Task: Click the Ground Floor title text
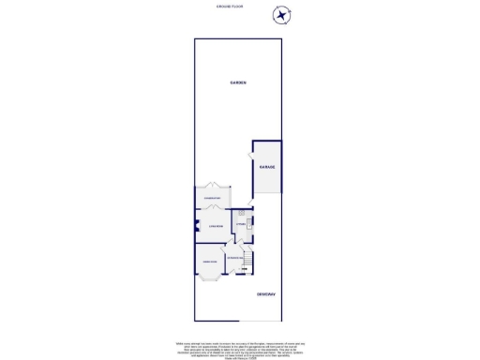239,7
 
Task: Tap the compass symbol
281,16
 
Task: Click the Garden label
239,83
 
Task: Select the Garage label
267,167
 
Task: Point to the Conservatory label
212,198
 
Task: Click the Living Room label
215,226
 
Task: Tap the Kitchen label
241,223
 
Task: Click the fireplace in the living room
197,223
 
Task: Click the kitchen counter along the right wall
250,225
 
